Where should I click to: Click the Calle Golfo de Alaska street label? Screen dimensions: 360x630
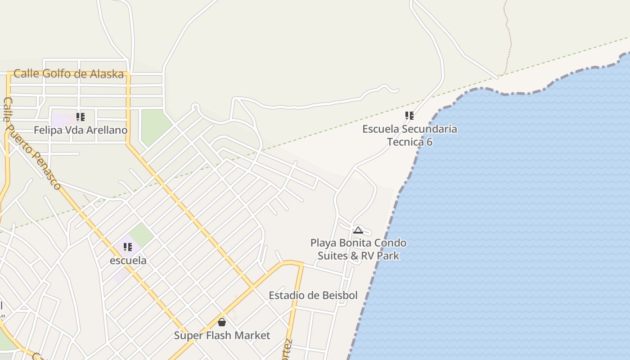(68, 74)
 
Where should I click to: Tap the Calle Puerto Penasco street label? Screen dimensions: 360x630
(32, 144)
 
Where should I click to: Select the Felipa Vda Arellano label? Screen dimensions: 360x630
(81, 130)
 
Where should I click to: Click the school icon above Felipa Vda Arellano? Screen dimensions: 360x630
(81, 117)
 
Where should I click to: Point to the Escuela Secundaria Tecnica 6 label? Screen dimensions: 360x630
(409, 135)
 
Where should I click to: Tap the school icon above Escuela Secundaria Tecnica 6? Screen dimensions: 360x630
(409, 116)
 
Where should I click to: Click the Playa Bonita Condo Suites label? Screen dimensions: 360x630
(358, 249)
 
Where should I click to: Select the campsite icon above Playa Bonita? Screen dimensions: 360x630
(358, 230)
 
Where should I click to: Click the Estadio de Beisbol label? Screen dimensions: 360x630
(313, 295)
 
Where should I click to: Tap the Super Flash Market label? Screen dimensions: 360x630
(222, 335)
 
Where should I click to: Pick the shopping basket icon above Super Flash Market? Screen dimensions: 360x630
(222, 322)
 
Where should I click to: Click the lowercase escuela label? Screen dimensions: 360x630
(128, 261)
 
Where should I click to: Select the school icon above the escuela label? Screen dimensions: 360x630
(128, 247)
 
